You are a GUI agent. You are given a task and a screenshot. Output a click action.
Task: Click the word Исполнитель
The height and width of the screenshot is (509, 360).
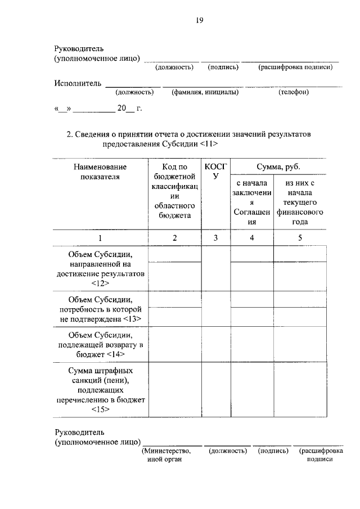[x=78, y=83]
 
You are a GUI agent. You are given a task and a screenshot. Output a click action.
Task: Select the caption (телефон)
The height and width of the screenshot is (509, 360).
[x=294, y=92]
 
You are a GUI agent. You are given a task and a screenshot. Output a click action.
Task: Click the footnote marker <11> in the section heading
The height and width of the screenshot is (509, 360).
[x=208, y=145]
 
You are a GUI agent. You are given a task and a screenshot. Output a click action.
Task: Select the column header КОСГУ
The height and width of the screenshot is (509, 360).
[x=215, y=172]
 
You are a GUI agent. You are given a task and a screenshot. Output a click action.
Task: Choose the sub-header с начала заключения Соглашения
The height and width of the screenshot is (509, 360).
[x=251, y=202]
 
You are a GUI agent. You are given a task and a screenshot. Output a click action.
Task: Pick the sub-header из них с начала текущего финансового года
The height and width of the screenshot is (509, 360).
[x=300, y=202]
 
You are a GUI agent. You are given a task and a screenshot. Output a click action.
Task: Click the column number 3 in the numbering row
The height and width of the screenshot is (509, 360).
[x=215, y=238]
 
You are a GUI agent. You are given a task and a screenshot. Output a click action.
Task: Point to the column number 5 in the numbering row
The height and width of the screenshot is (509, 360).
[x=300, y=238]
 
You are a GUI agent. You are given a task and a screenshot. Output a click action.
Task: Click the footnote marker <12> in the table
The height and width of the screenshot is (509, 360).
[x=100, y=283]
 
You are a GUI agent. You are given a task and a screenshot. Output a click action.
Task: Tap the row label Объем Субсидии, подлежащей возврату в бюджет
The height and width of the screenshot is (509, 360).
[x=100, y=345]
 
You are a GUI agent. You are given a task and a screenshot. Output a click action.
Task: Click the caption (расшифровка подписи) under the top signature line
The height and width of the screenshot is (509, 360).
[x=295, y=67]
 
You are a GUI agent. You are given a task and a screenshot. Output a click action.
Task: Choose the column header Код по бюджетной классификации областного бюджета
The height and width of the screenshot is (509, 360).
[x=174, y=191]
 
